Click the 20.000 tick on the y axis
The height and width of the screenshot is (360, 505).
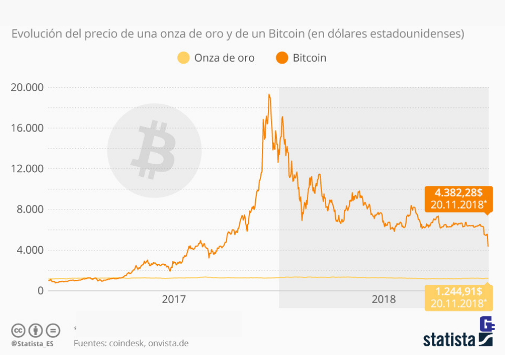click(x=27, y=87)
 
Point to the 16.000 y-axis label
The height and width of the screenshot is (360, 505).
click(x=27, y=128)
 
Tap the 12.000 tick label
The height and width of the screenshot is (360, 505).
click(x=27, y=168)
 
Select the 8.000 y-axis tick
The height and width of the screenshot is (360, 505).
click(x=29, y=209)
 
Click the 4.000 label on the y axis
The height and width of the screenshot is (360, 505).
click(x=29, y=249)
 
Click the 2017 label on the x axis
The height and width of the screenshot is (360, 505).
click(x=174, y=299)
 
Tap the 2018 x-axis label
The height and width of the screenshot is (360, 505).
click(x=384, y=299)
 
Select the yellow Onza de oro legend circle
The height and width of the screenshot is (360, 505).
click(x=183, y=58)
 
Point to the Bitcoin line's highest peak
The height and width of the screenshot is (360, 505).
click(x=269, y=95)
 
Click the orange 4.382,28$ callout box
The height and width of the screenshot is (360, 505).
click(x=458, y=199)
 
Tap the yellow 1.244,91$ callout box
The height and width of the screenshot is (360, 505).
click(x=458, y=297)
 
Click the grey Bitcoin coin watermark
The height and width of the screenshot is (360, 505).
click(x=154, y=151)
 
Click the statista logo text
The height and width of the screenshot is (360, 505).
click(x=449, y=339)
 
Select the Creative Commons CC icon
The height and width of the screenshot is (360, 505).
click(x=18, y=331)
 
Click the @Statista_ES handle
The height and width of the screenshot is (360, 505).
click(x=32, y=344)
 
